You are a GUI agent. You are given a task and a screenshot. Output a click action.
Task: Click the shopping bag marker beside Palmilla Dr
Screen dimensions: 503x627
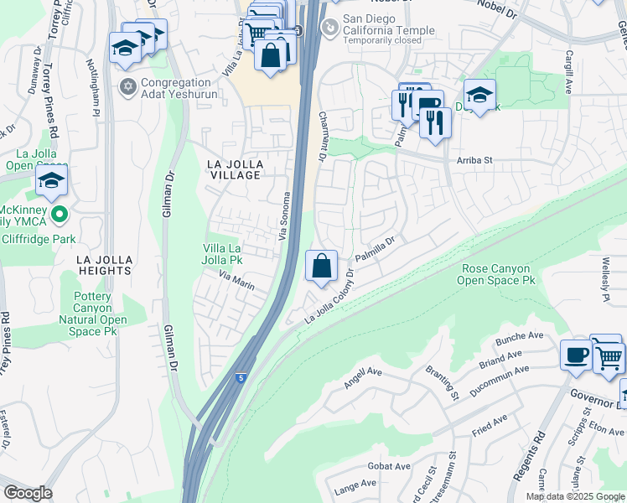pos(322,267)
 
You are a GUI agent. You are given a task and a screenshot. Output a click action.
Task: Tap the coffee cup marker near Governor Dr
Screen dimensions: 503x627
pos(575,354)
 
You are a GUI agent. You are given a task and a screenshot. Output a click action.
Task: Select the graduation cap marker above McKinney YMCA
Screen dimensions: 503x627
pos(51,180)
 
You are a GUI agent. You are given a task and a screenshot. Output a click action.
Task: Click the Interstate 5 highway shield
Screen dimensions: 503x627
pos(241,379)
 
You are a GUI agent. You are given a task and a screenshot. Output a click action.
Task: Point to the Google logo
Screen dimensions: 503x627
pos(28,493)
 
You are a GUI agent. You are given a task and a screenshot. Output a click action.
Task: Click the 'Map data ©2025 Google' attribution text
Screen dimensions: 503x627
pos(574,496)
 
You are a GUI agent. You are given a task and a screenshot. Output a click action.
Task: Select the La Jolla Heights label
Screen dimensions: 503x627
pos(105,265)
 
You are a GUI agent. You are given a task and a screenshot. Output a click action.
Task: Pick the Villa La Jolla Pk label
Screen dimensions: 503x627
pos(223,254)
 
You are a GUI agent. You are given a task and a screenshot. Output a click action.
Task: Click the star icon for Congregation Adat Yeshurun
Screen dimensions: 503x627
pos(128,86)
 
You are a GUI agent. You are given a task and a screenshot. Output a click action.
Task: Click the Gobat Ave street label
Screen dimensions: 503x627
pos(391,466)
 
